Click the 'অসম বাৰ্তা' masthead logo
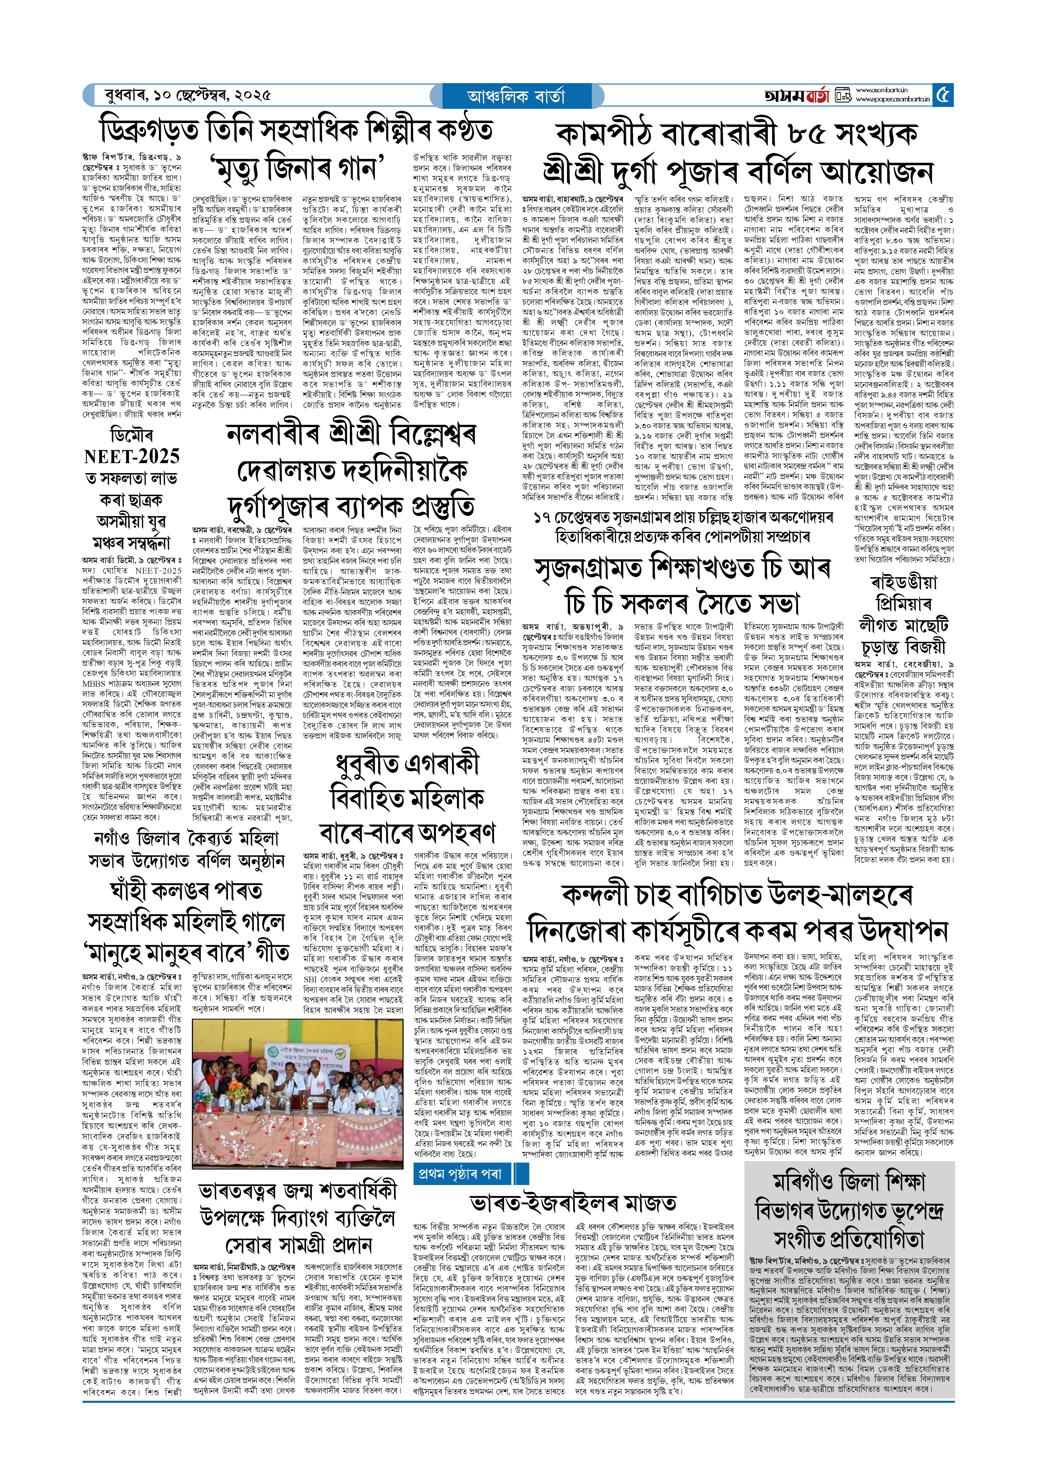click(x=797, y=96)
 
